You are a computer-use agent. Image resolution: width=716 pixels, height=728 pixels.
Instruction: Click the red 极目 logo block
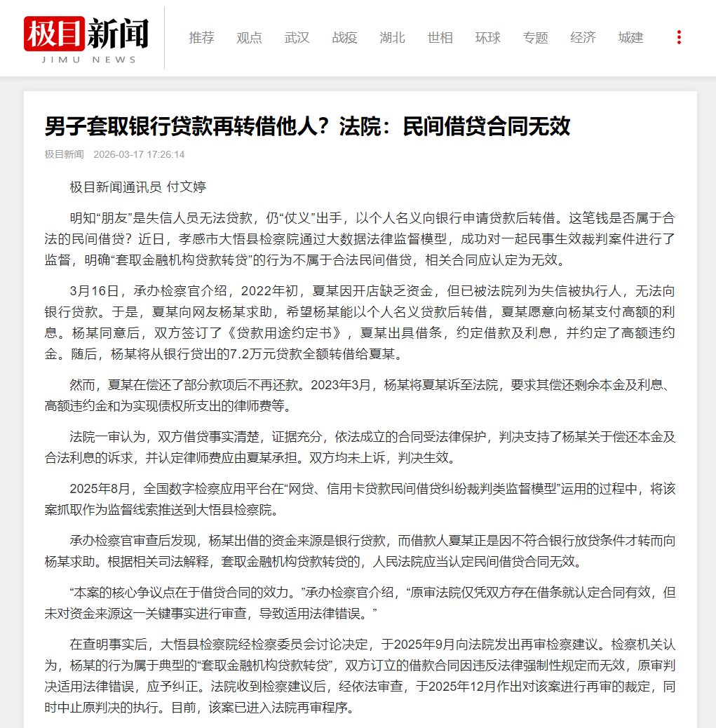pyautogui.click(x=54, y=33)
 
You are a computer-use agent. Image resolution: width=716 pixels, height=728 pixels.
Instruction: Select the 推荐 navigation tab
pyautogui.click(x=201, y=38)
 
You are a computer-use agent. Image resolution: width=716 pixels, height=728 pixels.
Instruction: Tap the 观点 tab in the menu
pyautogui.click(x=249, y=38)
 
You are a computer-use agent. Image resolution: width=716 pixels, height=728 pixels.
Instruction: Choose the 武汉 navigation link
pyautogui.click(x=297, y=38)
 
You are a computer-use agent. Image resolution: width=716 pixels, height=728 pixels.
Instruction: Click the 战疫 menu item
pyautogui.click(x=344, y=38)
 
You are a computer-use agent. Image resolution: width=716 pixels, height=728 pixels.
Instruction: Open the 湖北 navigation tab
pyautogui.click(x=392, y=38)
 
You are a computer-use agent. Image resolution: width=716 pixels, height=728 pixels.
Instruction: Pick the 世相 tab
pyautogui.click(x=440, y=38)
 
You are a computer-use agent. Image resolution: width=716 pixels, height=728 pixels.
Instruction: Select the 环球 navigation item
pyautogui.click(x=487, y=38)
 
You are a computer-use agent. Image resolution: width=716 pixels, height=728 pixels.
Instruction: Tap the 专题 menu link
pyautogui.click(x=535, y=38)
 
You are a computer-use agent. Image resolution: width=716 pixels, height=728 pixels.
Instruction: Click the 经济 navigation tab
pyautogui.click(x=583, y=38)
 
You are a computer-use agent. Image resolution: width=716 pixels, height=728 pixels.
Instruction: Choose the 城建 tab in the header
pyautogui.click(x=630, y=38)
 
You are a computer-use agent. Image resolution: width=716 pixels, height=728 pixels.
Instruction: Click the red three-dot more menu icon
pyautogui.click(x=678, y=38)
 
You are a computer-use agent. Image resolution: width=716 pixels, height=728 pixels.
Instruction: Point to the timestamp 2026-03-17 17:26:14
pyautogui.click(x=139, y=154)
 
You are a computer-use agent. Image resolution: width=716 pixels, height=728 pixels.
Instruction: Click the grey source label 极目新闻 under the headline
pyautogui.click(x=64, y=154)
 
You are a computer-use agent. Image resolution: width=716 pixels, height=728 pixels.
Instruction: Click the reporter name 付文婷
pyautogui.click(x=187, y=187)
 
